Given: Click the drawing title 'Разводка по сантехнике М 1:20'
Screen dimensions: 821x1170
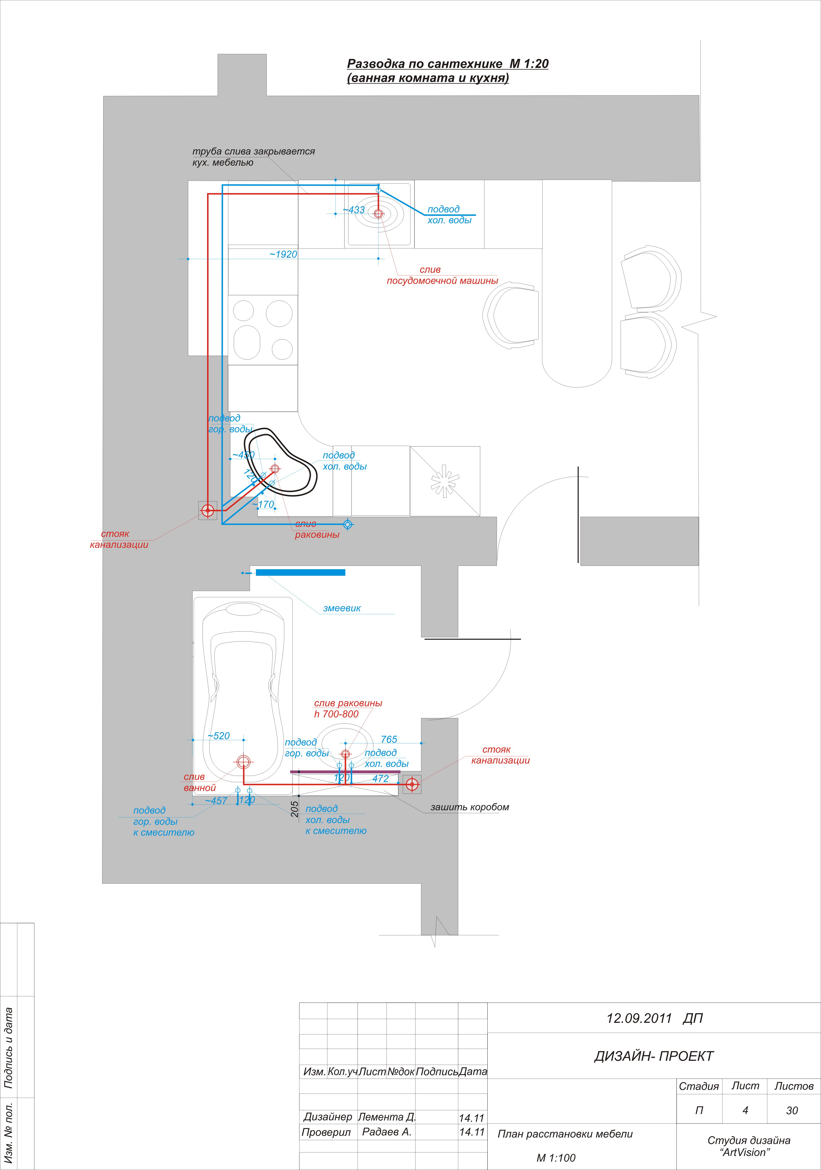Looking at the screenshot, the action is coord(447,64).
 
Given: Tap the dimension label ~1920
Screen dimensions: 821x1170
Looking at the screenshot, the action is coord(283,254).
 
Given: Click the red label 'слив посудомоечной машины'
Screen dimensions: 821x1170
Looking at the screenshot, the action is coord(442,275).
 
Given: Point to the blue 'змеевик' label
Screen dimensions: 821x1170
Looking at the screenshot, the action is coord(342,608).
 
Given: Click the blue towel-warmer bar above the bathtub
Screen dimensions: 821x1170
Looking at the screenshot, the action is coord(300,572).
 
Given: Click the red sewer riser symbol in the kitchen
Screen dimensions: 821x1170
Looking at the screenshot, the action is coord(208,510).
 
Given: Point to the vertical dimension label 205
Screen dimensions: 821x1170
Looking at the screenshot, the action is coord(294,809).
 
